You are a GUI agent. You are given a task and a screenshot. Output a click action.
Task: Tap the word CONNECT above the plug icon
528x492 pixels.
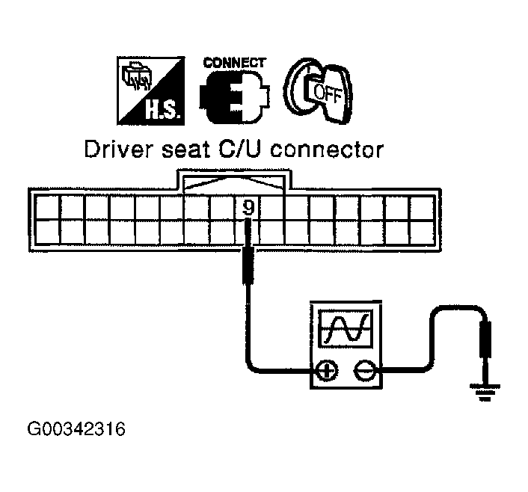235,63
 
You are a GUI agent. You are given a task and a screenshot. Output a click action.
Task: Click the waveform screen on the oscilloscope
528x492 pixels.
346,327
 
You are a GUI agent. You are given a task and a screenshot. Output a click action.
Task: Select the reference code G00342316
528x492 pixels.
77,430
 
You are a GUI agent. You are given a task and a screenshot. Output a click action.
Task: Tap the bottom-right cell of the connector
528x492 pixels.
422,231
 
